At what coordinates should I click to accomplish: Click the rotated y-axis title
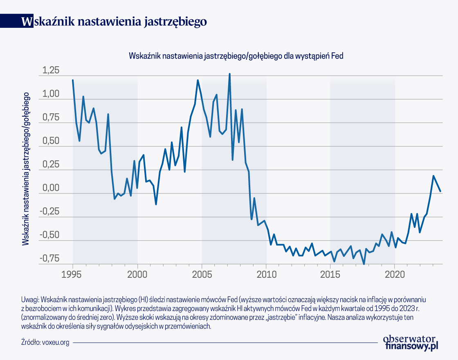point(26,169)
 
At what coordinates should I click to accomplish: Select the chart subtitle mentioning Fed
point(236,55)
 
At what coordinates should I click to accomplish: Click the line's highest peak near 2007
point(229,74)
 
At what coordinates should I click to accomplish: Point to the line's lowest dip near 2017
point(364,264)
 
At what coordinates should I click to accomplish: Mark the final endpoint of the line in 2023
point(440,191)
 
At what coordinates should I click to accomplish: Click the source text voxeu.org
point(56,342)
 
